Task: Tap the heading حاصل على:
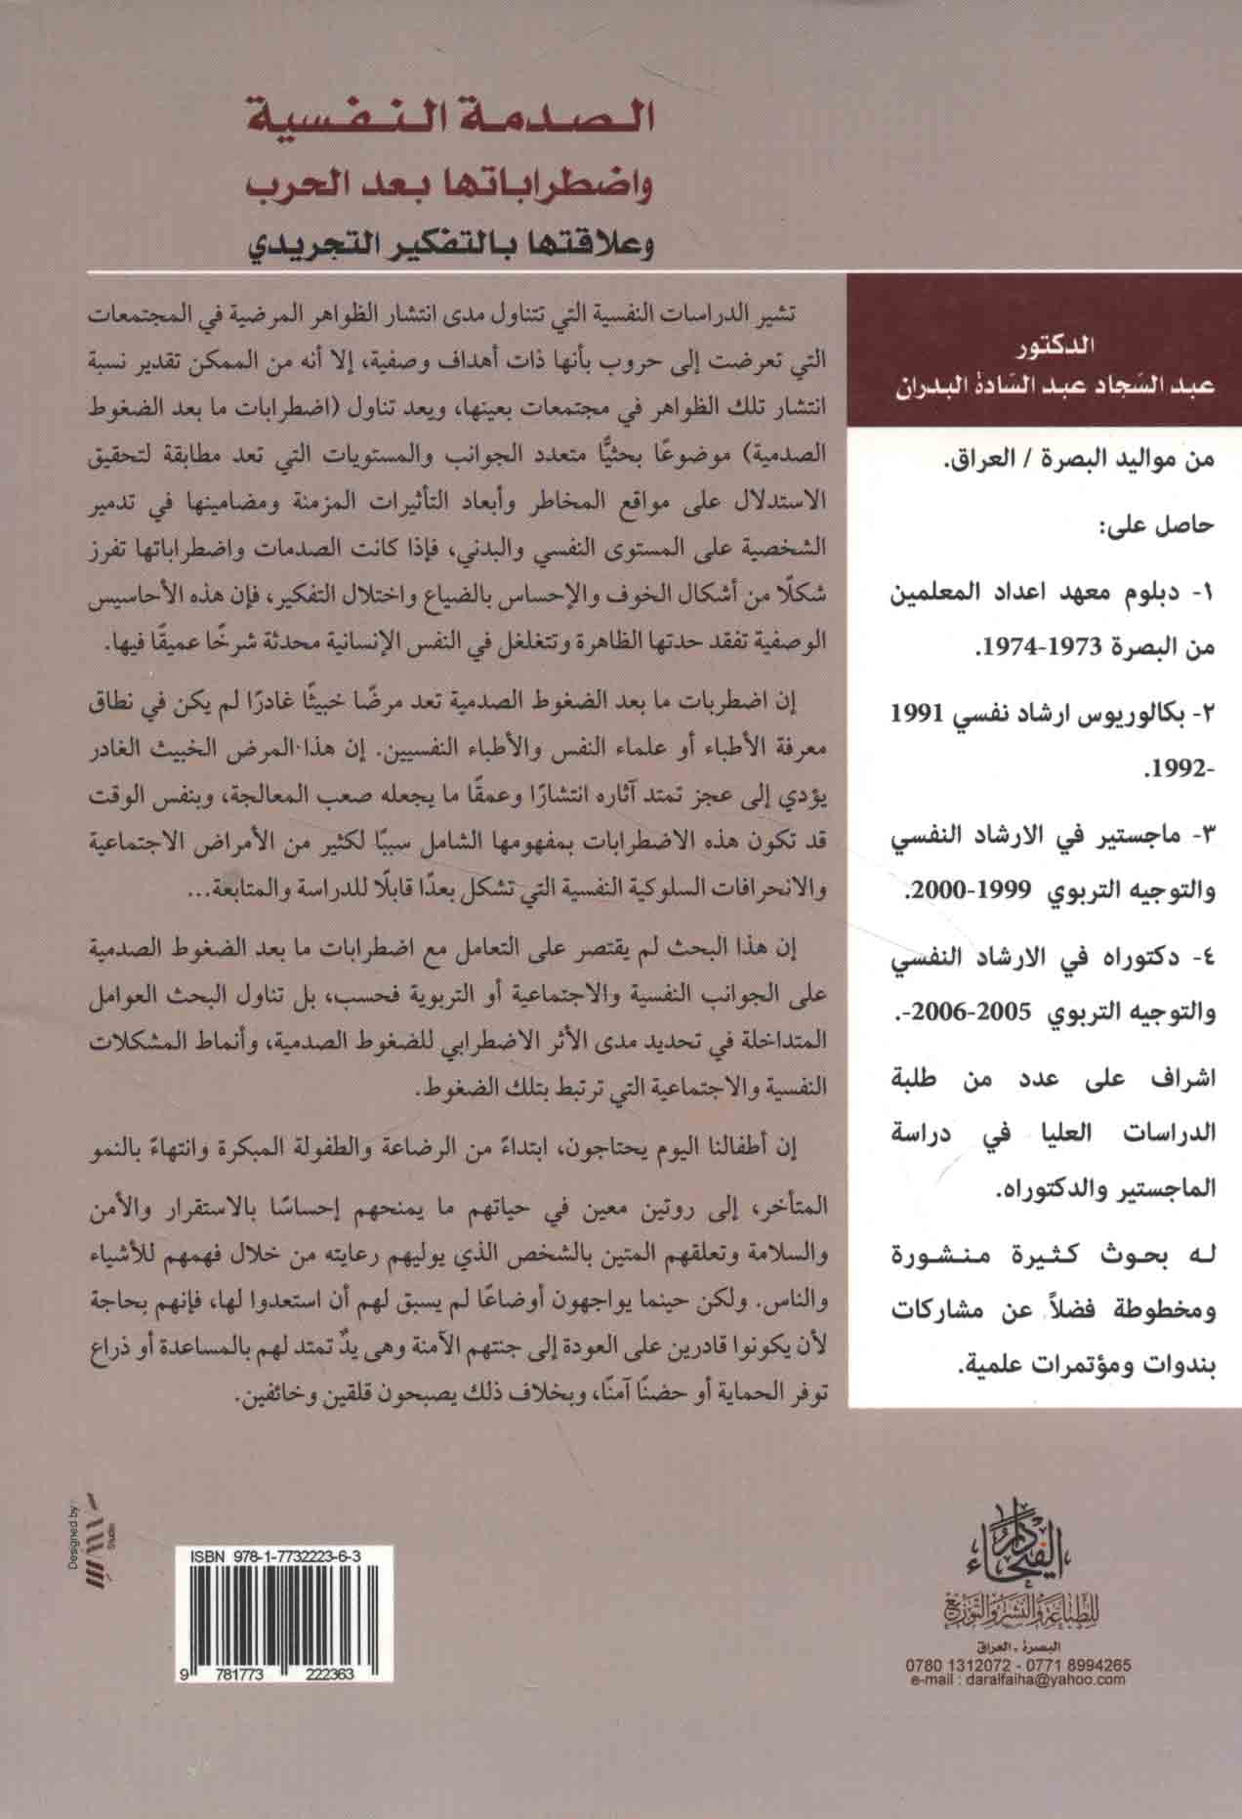point(1158,527)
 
